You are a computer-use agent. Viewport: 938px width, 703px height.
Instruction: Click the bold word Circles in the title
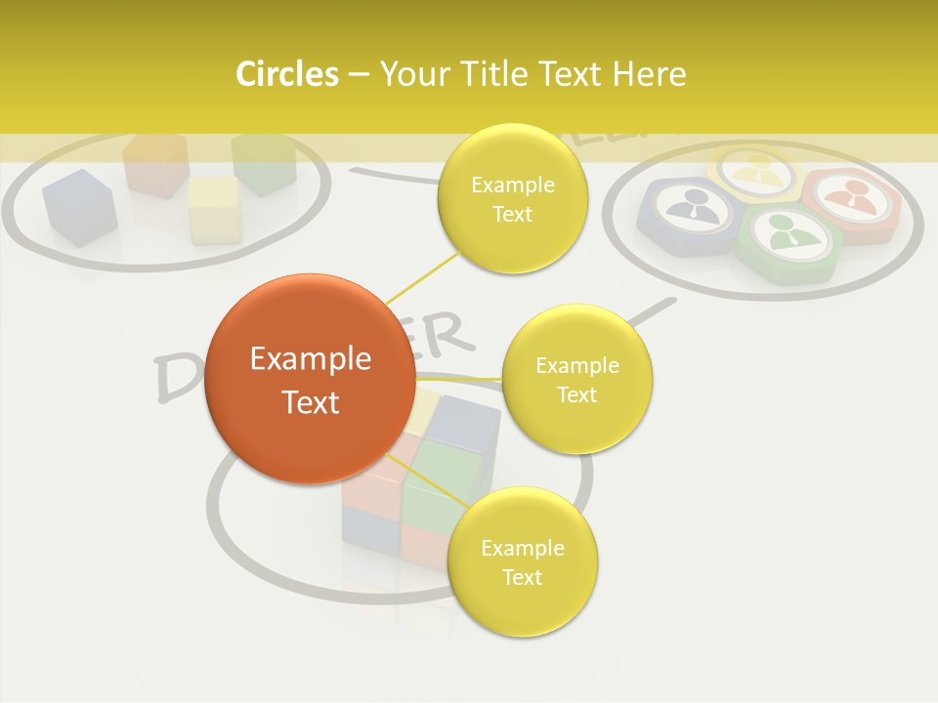pyautogui.click(x=286, y=74)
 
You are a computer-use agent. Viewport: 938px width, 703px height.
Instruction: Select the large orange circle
pyautogui.click(x=311, y=379)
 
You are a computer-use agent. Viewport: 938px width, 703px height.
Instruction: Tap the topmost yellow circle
pyautogui.click(x=512, y=198)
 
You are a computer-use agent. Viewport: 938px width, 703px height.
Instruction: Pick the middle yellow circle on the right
pyautogui.click(x=576, y=379)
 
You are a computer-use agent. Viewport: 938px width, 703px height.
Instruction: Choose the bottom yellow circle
pyautogui.click(x=522, y=561)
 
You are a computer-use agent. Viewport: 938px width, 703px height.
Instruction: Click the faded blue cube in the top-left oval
pyautogui.click(x=79, y=206)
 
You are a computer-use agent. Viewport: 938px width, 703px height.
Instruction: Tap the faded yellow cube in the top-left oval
pyautogui.click(x=214, y=208)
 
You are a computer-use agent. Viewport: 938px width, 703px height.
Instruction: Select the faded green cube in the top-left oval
pyautogui.click(x=264, y=162)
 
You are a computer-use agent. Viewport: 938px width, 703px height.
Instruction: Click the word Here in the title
pyautogui.click(x=650, y=74)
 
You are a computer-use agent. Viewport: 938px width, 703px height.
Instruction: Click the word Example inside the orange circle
pyautogui.click(x=311, y=359)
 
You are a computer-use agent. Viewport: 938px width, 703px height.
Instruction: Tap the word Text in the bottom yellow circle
pyautogui.click(x=522, y=577)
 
